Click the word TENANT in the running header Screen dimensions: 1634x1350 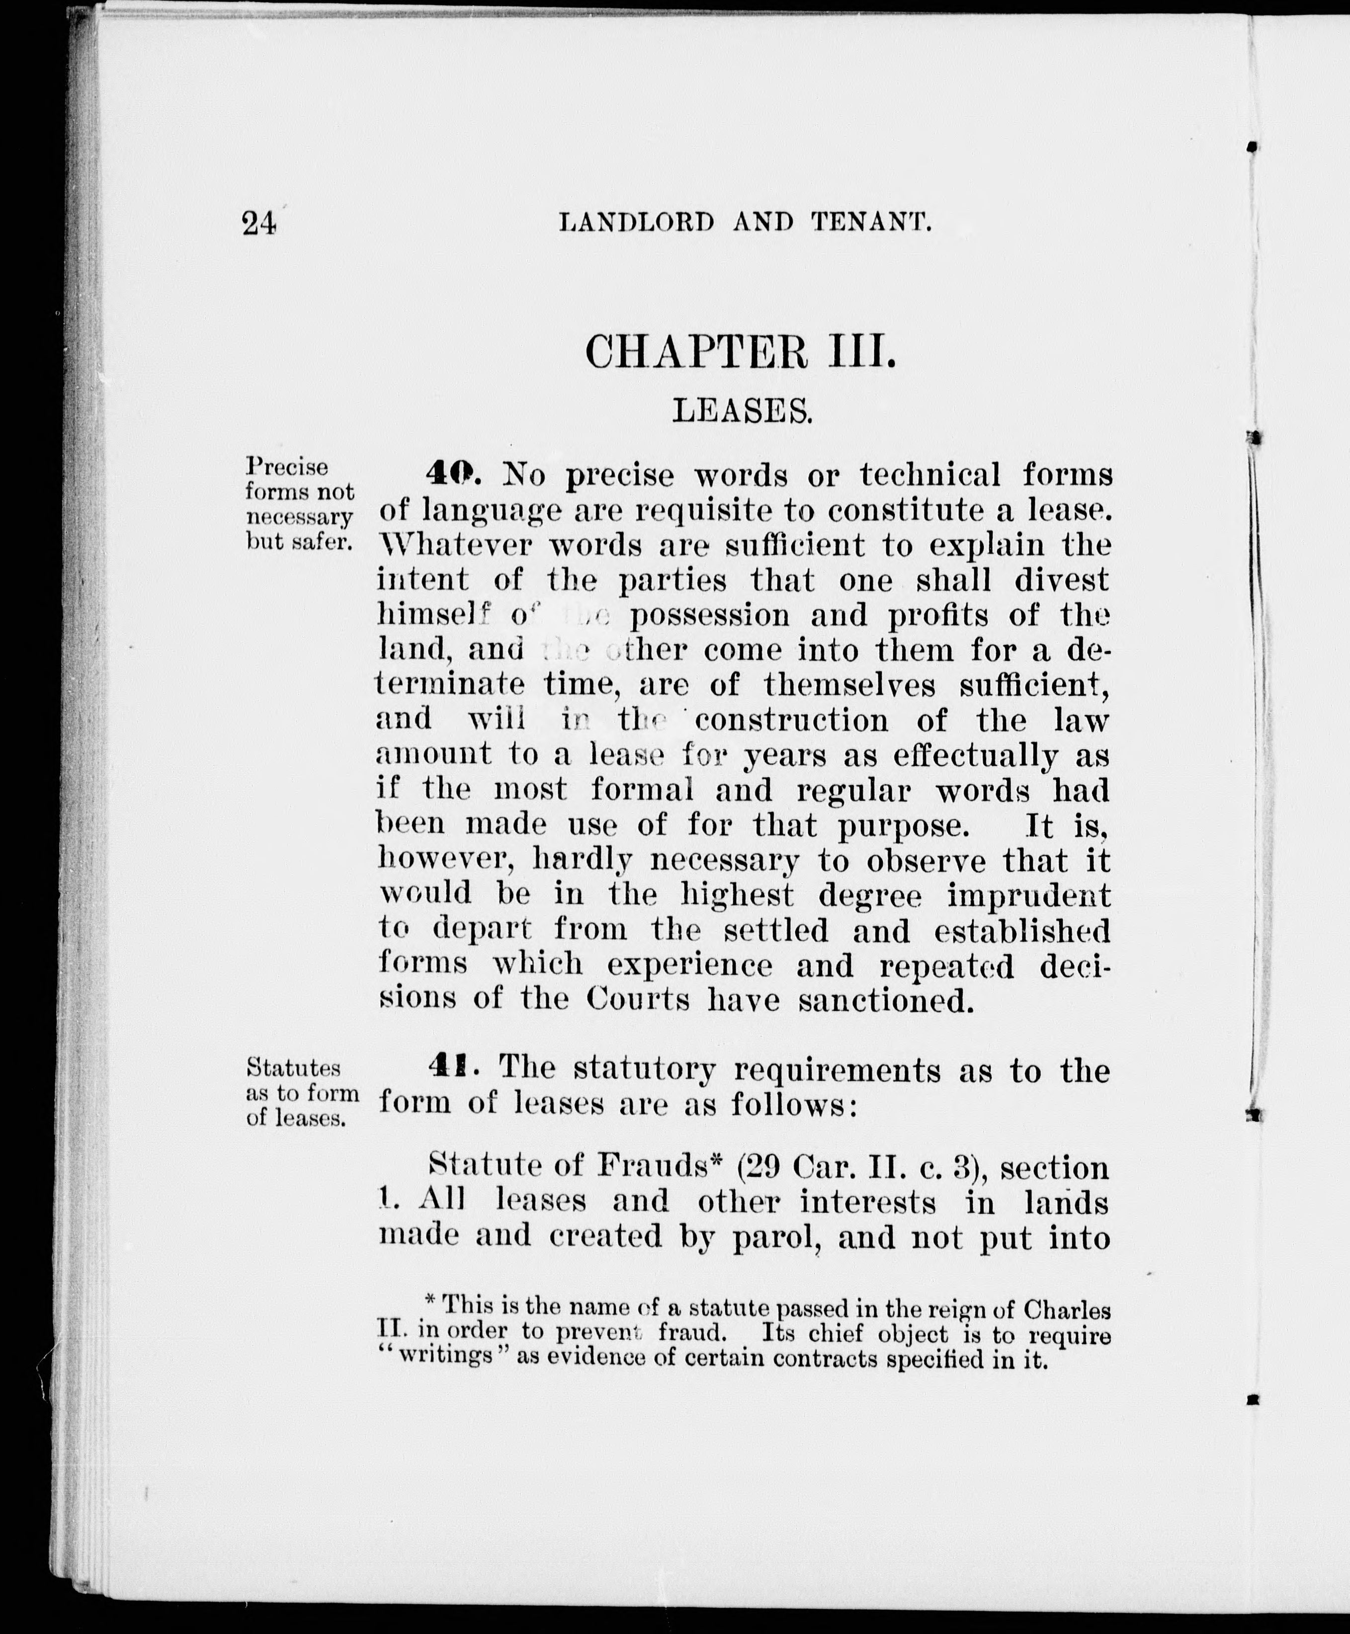click(x=871, y=224)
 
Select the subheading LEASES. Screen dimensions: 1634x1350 click(x=742, y=410)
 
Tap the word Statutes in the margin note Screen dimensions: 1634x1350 click(x=293, y=1067)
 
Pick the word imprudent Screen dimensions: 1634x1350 click(x=1029, y=896)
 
